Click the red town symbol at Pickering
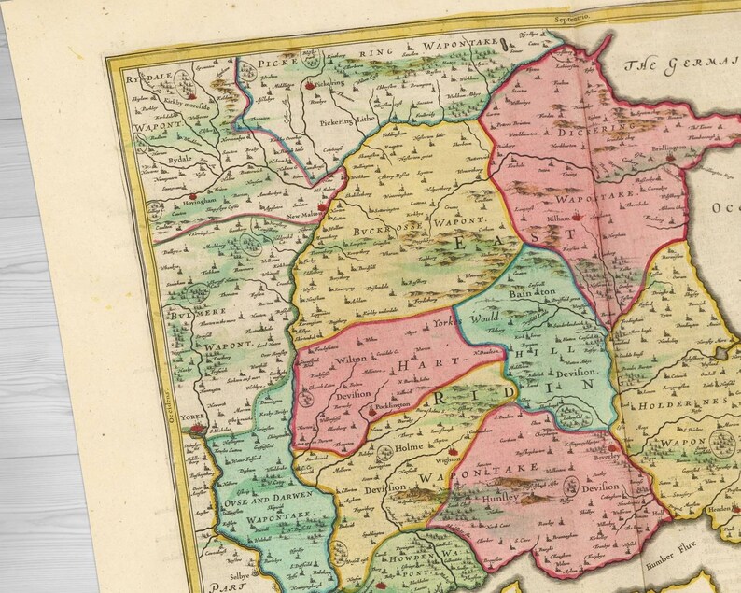point(307,87)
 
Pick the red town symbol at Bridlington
point(669,162)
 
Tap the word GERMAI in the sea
point(709,68)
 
